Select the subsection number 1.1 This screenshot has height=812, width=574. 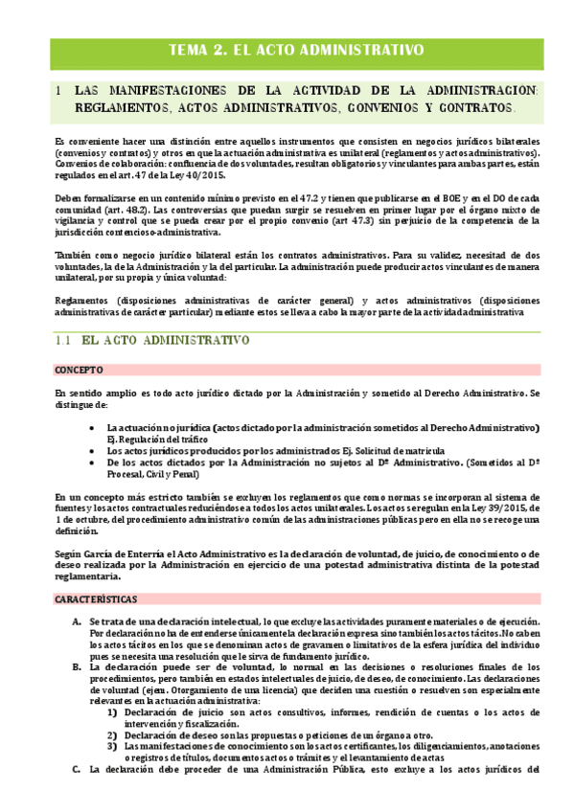(x=63, y=340)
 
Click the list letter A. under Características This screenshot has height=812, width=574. (x=78, y=621)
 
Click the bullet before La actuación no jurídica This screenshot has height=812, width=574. (x=90, y=427)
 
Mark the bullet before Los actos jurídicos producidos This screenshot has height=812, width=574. (x=90, y=450)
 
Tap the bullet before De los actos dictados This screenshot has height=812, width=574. (x=90, y=462)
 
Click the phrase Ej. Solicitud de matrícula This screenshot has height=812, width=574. (x=385, y=450)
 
